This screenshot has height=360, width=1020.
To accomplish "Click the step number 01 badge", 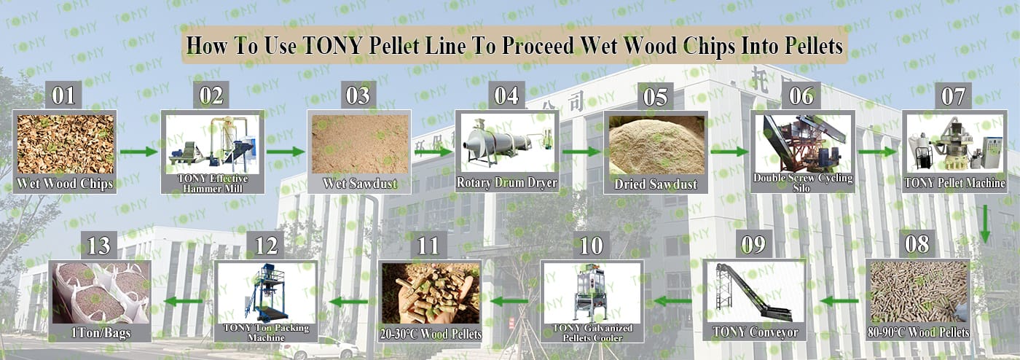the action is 63,95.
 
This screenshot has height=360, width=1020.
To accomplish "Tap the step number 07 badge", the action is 953,96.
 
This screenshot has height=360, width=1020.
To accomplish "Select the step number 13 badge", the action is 99,246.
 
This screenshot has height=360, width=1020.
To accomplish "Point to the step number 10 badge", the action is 591,246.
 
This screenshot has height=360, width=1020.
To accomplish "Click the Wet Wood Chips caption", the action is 65,184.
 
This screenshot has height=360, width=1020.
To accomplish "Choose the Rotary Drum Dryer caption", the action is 507,183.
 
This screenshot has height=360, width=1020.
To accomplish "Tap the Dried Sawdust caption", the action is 656,184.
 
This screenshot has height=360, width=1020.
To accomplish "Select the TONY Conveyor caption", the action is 755,332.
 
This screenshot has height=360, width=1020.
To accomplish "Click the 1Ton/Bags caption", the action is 101,333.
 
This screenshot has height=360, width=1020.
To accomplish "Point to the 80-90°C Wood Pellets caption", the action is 918,332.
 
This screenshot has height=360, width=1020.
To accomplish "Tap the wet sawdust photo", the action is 360,144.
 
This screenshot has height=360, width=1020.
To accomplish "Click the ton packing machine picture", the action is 266,292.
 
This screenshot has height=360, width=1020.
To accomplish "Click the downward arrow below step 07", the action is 985,224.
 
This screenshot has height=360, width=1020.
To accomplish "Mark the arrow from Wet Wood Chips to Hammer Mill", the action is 139,152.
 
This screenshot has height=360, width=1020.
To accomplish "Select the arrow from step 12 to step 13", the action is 183,301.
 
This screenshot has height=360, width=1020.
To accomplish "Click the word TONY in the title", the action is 333,45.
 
